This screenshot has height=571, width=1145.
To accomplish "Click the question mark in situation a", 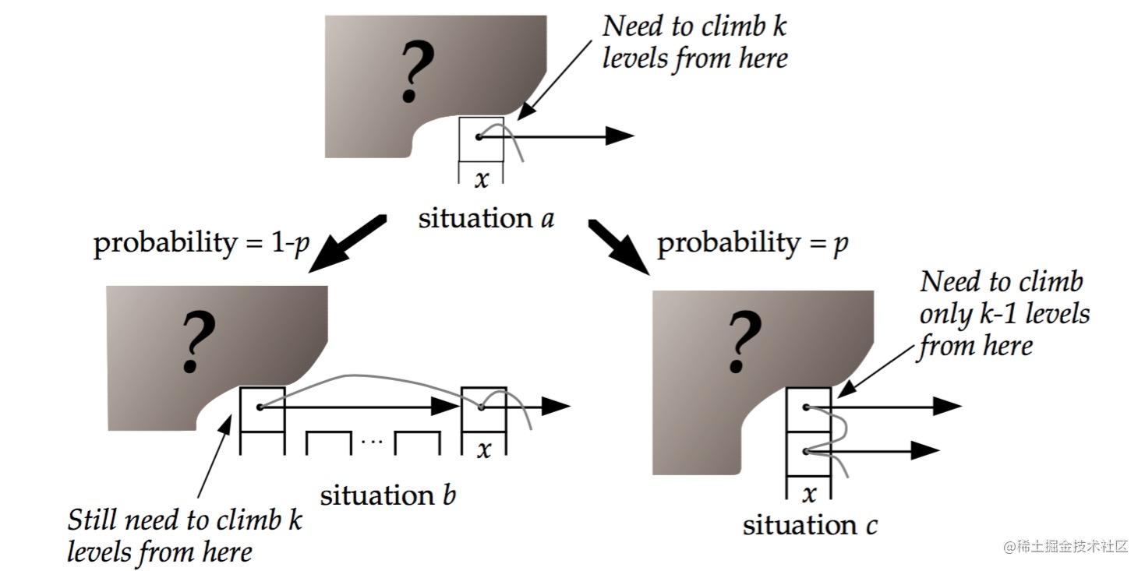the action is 418,72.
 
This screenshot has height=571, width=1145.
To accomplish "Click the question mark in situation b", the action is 199,340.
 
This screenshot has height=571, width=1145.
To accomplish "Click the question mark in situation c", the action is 745,340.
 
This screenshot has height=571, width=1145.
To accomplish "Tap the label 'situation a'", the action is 486,219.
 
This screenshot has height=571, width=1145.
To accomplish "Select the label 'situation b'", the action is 388,495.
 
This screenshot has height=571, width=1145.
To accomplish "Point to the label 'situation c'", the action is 810,525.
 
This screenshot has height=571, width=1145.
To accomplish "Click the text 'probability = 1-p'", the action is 201,242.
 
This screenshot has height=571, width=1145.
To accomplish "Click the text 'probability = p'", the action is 752,243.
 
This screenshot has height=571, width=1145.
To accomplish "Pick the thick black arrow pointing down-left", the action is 348,243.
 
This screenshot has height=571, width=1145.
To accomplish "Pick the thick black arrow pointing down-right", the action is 619,247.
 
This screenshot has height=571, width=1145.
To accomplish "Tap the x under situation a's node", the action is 482,179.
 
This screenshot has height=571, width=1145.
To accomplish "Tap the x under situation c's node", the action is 809,494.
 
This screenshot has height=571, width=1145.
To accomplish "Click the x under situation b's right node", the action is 484,449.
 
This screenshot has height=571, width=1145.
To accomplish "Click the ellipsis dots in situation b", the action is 372,441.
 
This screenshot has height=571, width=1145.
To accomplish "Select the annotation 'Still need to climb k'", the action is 185,520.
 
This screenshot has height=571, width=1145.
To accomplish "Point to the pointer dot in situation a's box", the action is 479,137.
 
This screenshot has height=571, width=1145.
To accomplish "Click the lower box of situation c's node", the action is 808,454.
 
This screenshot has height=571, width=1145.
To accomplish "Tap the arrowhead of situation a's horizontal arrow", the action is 620,136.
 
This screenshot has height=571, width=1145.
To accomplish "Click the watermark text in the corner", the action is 1065,547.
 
